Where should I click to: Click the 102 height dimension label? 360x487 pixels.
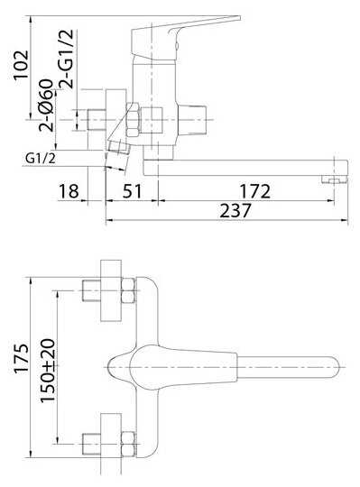[21, 65]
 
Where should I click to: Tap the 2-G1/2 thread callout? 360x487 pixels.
[67, 59]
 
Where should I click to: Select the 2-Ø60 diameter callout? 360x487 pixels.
[46, 106]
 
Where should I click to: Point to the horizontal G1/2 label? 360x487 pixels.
[41, 159]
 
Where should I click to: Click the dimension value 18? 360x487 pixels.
[69, 191]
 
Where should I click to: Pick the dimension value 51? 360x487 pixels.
[133, 191]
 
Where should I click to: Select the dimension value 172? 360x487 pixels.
[254, 191]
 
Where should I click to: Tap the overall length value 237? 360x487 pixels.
[235, 211]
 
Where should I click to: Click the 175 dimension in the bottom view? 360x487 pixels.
[22, 358]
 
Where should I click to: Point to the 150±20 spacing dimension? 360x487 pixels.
[48, 370]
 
